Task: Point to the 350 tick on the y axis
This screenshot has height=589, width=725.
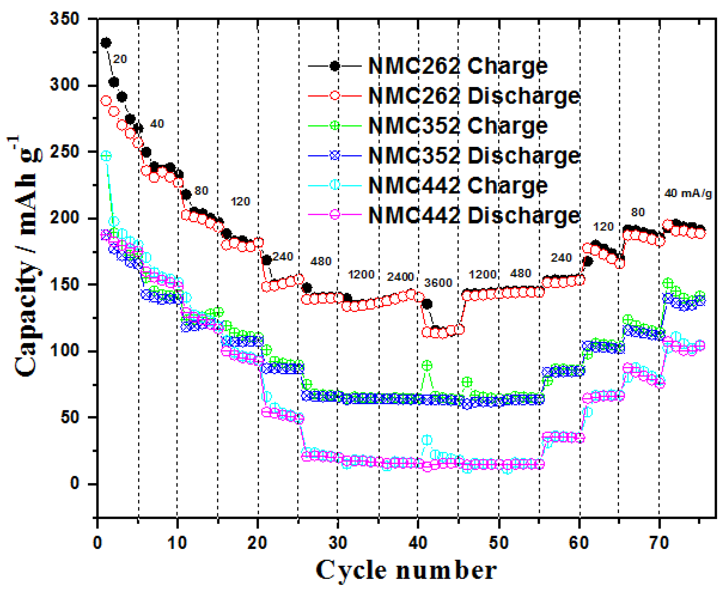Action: coord(64,19)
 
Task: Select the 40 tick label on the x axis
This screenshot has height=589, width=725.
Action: coord(418,543)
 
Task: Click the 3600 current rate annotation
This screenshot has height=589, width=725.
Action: coord(438,283)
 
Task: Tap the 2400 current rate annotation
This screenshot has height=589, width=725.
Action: coord(400,277)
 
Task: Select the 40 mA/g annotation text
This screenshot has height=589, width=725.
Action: coord(688,193)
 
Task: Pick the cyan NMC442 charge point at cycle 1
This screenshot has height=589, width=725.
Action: coord(106,156)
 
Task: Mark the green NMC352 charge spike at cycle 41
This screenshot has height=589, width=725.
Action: coord(427,365)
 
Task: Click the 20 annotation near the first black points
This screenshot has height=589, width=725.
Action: coord(120,59)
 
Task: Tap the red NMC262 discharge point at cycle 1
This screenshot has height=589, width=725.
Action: coord(106,101)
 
